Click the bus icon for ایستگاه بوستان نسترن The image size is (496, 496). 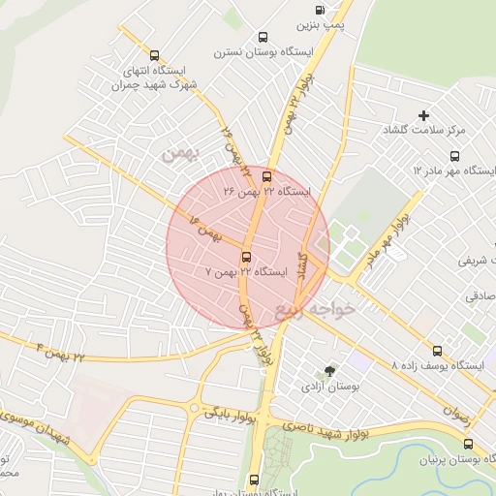click(263, 37)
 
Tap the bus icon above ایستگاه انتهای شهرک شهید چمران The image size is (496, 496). click(155, 55)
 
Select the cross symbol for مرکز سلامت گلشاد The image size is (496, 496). click(424, 115)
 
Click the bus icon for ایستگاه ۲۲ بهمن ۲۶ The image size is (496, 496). click(267, 175)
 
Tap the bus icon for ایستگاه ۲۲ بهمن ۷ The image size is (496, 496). click(246, 257)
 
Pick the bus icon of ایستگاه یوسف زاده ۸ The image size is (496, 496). click(437, 351)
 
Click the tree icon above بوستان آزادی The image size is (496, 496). click(330, 371)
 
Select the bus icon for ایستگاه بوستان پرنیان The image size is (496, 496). click(469, 444)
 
